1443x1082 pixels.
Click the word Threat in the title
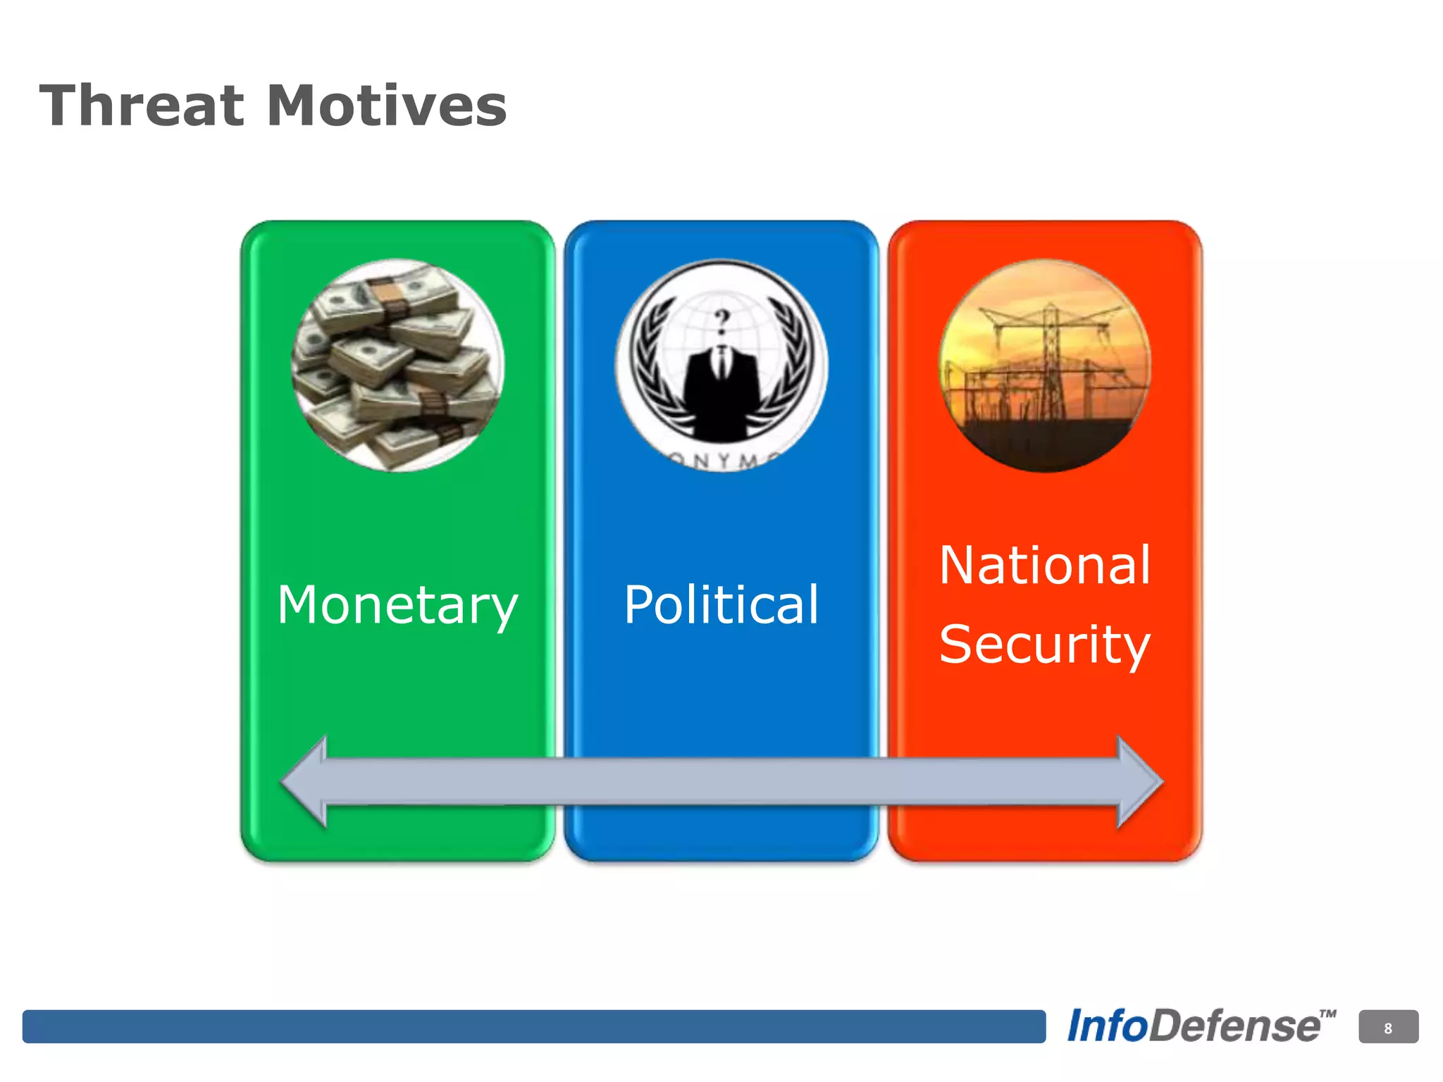tap(141, 106)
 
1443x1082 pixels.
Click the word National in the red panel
tap(1045, 565)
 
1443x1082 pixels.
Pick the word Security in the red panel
tap(1045, 644)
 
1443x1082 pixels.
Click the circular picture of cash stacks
tap(397, 365)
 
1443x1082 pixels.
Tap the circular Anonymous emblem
tap(721, 365)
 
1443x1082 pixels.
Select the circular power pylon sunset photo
tap(1045, 365)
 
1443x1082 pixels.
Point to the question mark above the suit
tap(721, 321)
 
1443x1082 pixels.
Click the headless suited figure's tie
tap(721, 363)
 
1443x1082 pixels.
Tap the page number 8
tap(1388, 1028)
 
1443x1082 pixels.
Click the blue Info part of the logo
tap(1108, 1026)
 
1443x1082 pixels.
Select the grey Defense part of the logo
tap(1234, 1026)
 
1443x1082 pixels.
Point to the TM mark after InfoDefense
tap(1327, 1015)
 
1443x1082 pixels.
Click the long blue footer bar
tap(533, 1026)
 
